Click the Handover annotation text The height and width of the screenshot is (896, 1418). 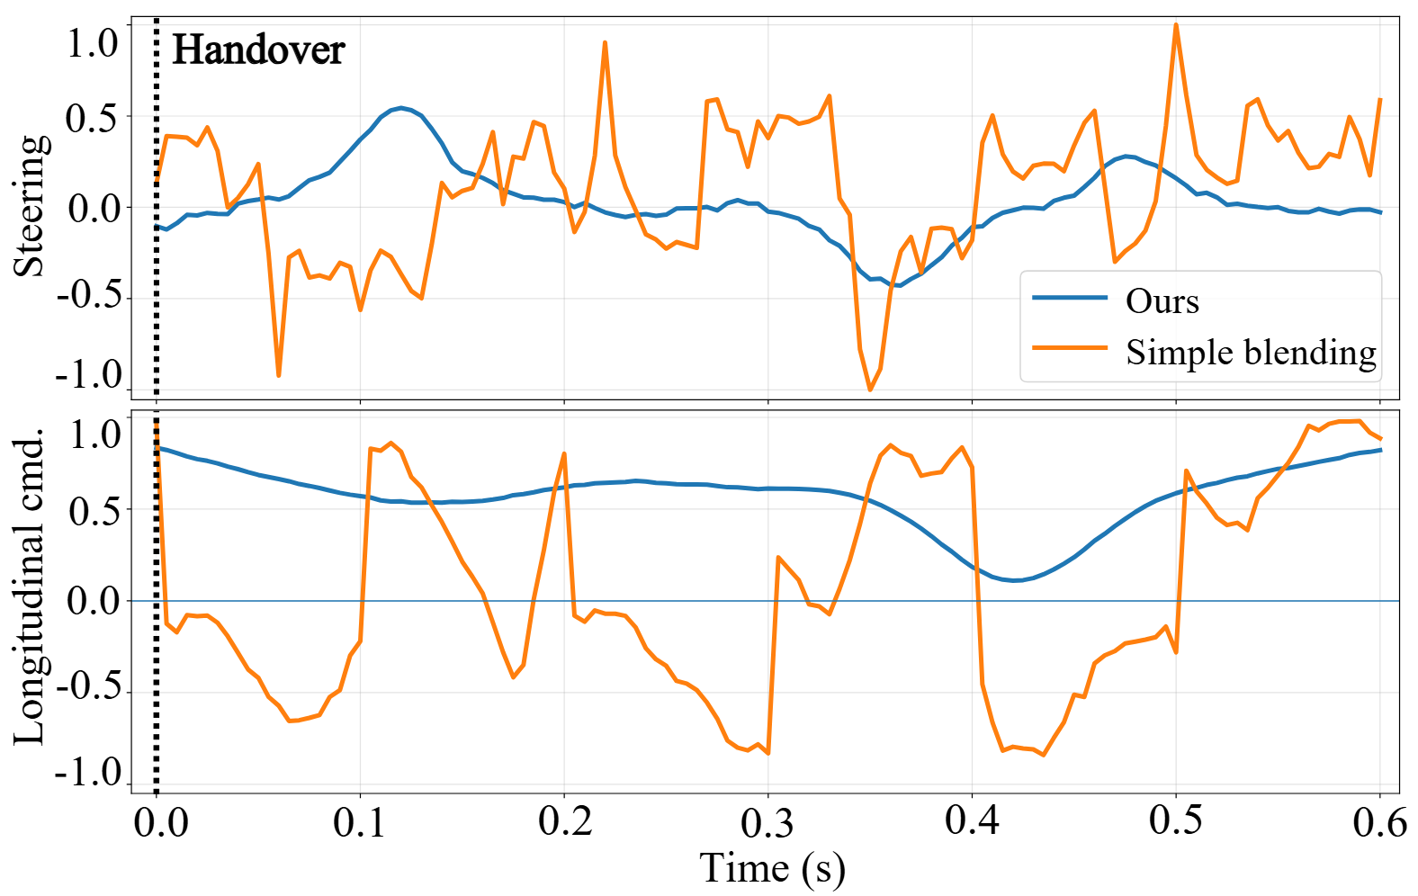258,49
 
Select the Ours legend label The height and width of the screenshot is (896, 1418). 1162,301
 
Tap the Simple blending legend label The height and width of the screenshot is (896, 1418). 1251,353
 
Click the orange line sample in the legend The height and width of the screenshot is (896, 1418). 1069,347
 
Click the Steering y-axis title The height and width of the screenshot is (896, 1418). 30,206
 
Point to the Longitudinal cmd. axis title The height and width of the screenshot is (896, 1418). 30,587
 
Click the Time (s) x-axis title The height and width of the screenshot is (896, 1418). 772,869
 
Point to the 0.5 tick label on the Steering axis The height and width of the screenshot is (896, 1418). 92,117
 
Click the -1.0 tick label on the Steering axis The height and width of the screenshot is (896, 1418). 89,375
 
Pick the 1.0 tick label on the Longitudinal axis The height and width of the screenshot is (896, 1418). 94,435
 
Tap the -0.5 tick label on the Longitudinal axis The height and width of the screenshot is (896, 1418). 89,689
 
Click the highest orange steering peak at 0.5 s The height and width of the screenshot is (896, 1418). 1176,25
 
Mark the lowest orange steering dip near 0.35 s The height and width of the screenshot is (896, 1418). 870,390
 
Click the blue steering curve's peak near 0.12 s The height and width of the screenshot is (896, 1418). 401,108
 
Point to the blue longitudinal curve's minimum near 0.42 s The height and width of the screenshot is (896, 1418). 1015,580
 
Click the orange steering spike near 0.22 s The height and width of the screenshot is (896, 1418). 606,42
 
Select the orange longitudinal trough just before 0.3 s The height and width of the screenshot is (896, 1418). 767,753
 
